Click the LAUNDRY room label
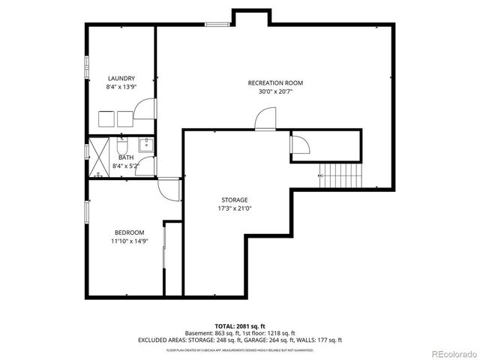point(121,78)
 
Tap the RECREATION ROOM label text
point(275,82)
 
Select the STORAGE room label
point(234,199)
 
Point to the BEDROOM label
point(129,232)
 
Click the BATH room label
point(125,157)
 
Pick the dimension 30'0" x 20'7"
point(275,91)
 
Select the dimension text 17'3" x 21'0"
point(234,208)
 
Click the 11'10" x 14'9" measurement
point(129,241)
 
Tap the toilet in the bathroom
point(124,145)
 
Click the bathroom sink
point(147,145)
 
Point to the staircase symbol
point(340,177)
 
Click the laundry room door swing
point(145,111)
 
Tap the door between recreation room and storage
point(266,118)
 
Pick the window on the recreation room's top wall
point(218,25)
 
